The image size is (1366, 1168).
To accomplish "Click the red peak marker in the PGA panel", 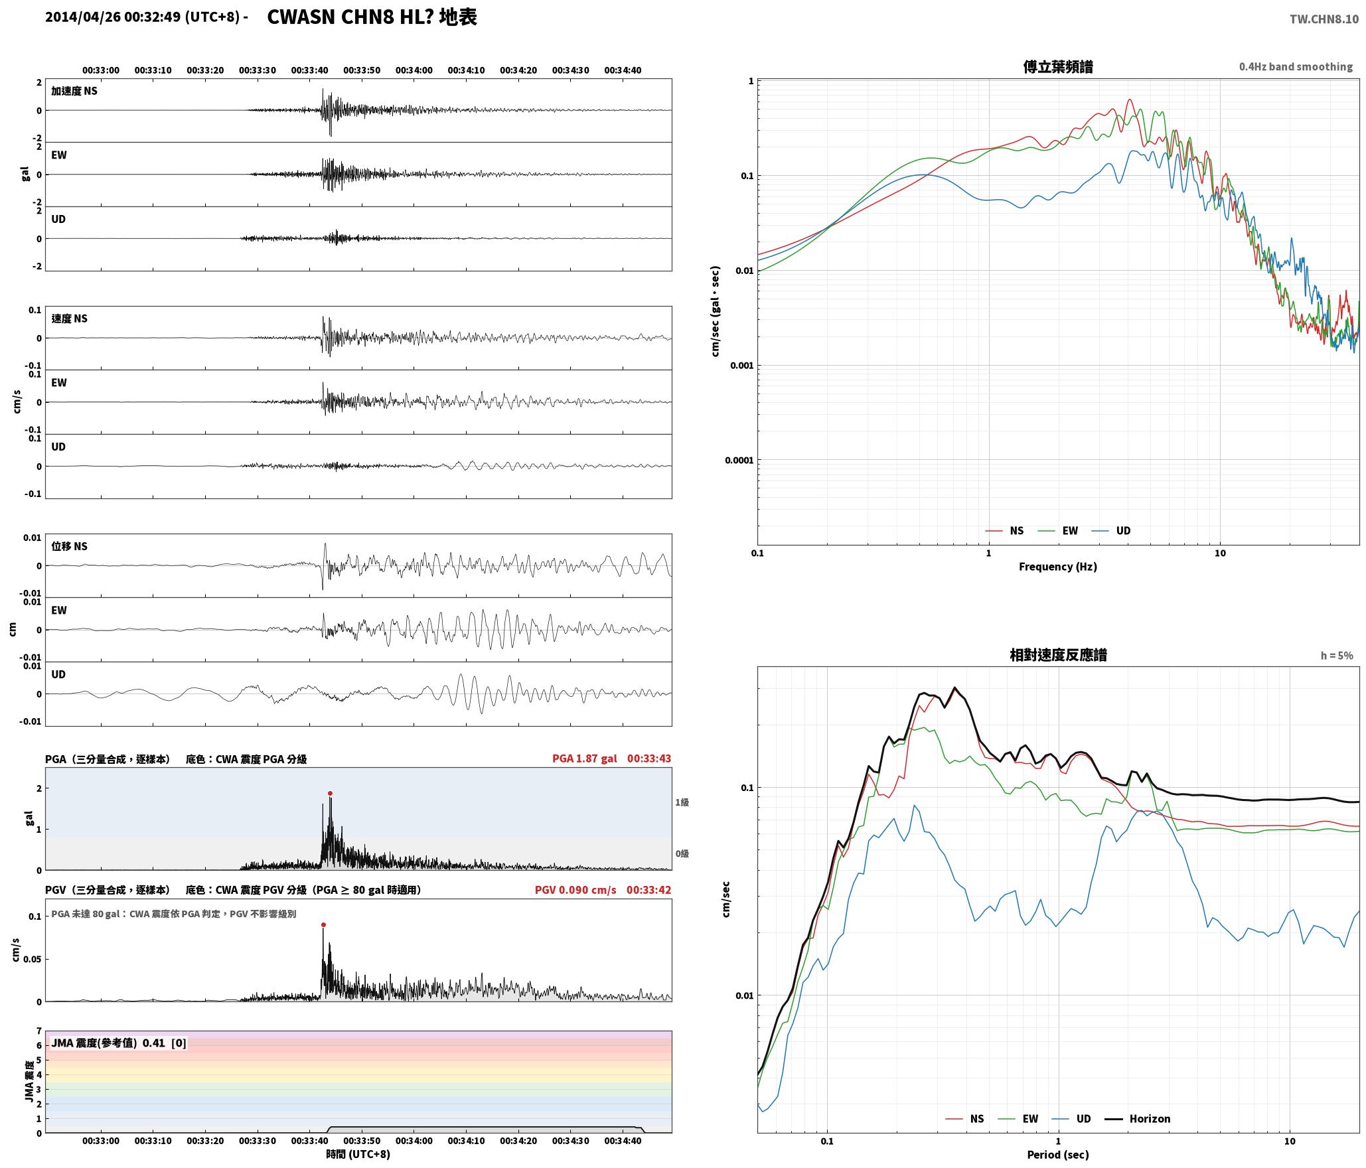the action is click(330, 793).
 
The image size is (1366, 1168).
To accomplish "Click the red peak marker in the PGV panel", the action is click(323, 924).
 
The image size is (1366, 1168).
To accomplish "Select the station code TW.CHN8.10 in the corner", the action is click(1324, 19).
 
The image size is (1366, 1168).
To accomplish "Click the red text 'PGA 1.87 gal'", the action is click(585, 759).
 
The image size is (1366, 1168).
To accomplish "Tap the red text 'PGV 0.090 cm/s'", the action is click(575, 890).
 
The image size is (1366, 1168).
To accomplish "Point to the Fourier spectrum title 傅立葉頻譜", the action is click(1058, 67).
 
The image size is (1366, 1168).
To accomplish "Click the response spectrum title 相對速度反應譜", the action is click(1058, 655).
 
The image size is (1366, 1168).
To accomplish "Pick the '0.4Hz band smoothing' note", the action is click(1296, 67).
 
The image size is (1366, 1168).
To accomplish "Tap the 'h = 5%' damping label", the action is click(1337, 656).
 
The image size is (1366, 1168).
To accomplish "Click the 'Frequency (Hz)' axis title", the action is click(1058, 567).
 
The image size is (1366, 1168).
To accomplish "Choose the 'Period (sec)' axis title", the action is click(1058, 1155).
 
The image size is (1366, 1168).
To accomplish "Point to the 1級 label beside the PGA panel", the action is click(682, 802).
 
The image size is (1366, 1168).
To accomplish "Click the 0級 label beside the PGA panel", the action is click(682, 853).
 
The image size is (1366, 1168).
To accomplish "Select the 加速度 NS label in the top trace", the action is click(74, 91).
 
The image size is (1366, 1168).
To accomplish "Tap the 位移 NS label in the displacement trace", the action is click(70, 546).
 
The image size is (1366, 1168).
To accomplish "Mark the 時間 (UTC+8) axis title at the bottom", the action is click(358, 1154).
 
